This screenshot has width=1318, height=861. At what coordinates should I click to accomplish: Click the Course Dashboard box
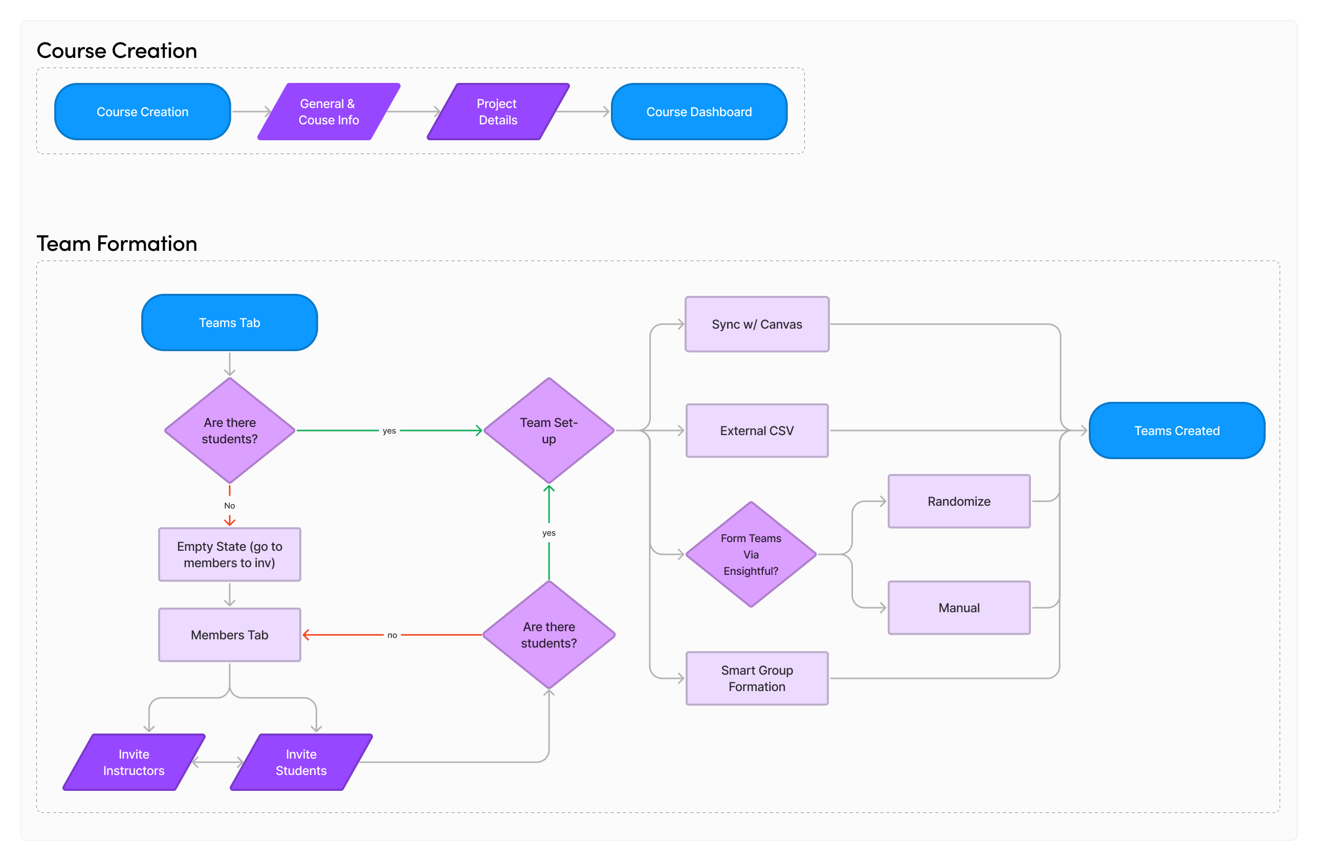click(699, 112)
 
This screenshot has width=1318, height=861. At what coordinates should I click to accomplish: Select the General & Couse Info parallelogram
click(329, 112)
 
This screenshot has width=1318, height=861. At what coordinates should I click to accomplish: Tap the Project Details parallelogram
click(498, 112)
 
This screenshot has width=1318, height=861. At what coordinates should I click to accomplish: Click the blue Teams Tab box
click(229, 322)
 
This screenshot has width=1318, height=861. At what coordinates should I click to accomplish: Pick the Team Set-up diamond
click(549, 430)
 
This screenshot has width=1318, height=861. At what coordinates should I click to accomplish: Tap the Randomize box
click(959, 502)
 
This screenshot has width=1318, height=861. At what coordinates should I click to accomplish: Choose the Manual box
click(959, 608)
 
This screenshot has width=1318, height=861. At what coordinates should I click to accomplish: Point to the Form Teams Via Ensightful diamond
click(751, 554)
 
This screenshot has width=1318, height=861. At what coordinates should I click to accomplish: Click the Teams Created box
click(1177, 430)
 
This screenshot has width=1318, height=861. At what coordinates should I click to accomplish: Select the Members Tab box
click(229, 635)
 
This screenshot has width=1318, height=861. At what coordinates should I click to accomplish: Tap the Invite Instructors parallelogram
click(134, 762)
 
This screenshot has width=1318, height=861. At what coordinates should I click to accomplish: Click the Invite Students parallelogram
click(301, 762)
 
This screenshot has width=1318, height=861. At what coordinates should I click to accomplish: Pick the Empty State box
click(229, 554)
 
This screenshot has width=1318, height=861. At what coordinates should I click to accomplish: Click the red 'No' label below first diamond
click(229, 505)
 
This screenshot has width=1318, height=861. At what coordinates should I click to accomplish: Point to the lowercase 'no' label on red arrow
click(392, 635)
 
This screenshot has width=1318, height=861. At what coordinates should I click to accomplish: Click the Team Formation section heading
click(117, 244)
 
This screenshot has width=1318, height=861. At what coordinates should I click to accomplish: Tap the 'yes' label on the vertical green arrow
click(549, 533)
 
